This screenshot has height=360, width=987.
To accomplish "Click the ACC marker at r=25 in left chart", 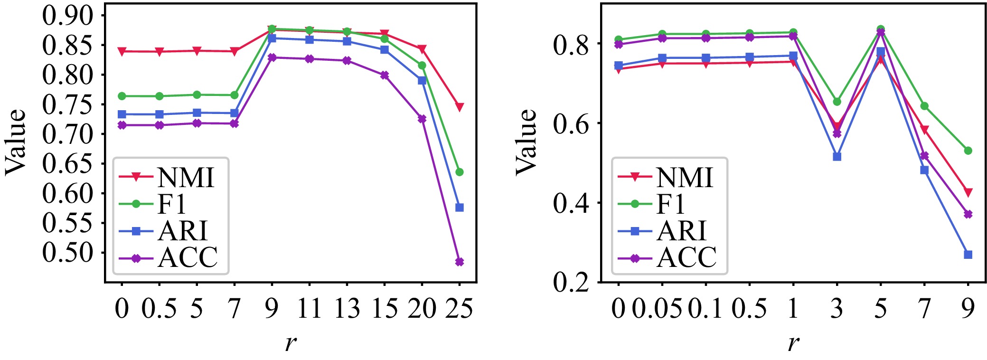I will [459, 262].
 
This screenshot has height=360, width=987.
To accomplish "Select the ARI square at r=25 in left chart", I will [459, 208].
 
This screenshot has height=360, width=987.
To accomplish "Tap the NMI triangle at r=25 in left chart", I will [459, 107].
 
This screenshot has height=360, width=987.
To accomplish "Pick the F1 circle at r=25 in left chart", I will [459, 172].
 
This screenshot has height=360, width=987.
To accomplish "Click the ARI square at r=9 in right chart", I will [968, 255].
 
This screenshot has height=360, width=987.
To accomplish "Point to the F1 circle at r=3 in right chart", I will [837, 102].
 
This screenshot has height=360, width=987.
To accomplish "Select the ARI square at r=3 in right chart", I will [837, 157].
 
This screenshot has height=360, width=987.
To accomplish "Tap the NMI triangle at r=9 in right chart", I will [968, 192].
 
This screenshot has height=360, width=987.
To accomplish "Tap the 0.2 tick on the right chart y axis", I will [570, 282].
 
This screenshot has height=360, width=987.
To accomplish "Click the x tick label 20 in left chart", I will [422, 309].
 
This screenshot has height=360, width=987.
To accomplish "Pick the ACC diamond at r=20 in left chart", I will [422, 119].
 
